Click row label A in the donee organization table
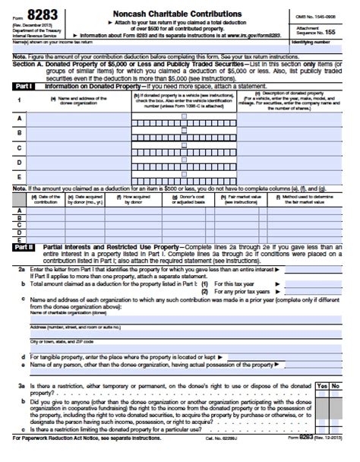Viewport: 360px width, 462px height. tap(19, 118)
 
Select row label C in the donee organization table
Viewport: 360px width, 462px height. tap(19, 147)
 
